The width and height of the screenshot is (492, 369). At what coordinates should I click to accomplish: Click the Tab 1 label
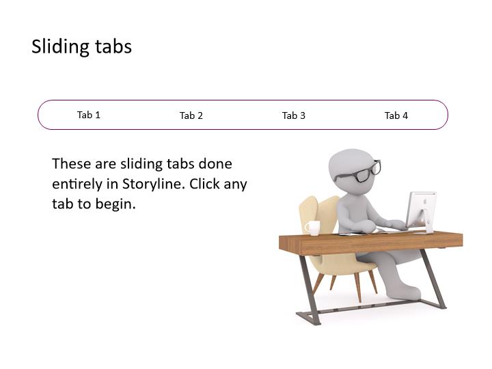click(89, 115)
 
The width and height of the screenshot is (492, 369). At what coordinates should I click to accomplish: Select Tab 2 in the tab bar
click(191, 115)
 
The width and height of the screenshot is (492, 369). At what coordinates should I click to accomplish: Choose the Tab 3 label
click(294, 115)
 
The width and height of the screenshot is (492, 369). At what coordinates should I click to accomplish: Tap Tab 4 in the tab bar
click(396, 115)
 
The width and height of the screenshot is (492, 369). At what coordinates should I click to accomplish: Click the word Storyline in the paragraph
click(152, 184)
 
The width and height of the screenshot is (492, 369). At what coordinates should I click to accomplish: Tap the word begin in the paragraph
click(115, 204)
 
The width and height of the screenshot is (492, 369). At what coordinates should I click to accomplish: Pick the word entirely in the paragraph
click(77, 184)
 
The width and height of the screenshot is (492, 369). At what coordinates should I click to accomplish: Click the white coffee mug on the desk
click(312, 228)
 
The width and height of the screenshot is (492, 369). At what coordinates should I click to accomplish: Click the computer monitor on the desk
click(422, 212)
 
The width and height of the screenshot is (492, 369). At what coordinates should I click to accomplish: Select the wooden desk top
click(370, 242)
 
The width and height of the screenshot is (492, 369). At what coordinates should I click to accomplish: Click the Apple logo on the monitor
click(425, 202)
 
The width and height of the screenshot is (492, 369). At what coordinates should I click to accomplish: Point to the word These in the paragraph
click(71, 164)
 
